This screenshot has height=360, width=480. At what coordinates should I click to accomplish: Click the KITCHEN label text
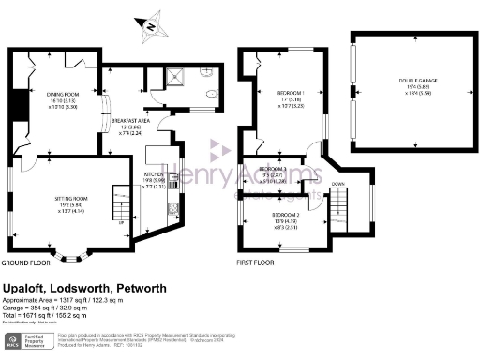click(x=154, y=175)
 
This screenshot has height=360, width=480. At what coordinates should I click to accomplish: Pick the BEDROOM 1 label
click(x=292, y=95)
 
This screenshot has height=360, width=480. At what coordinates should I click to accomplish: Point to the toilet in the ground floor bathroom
click(x=212, y=92)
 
